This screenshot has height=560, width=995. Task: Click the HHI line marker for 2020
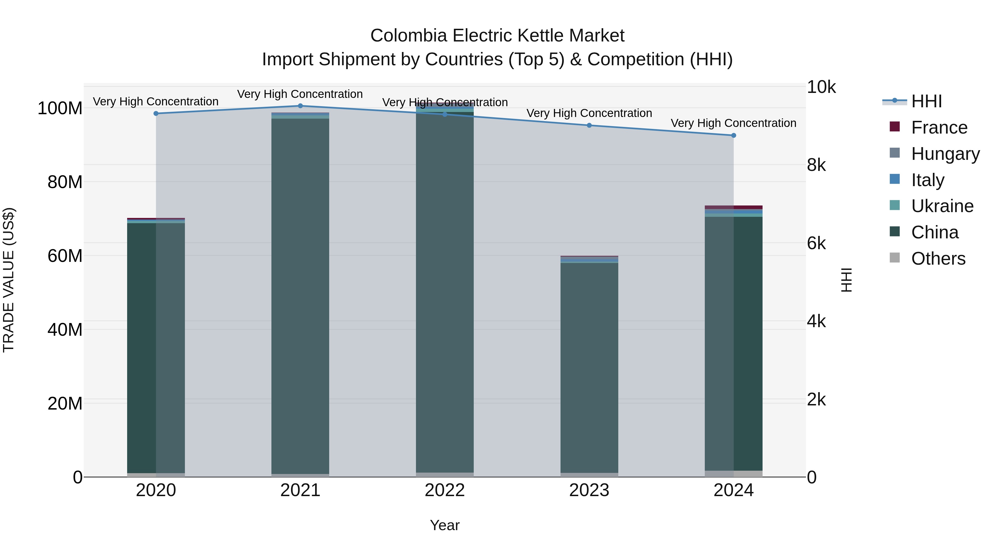coord(156,114)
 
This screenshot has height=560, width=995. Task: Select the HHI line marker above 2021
coord(300,106)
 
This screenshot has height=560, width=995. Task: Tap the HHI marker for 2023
coord(589,125)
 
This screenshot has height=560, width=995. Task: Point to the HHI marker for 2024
coord(734,135)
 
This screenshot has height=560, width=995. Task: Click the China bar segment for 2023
coord(589,367)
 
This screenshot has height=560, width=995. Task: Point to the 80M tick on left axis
coord(65,182)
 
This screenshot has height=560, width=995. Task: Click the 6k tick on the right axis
coord(816,243)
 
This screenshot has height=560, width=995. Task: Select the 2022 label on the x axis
coord(445,490)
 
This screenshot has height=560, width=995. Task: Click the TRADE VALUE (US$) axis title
coord(9,280)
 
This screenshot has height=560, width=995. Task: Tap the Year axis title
coord(445,525)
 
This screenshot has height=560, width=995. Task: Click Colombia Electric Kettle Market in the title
coord(497,36)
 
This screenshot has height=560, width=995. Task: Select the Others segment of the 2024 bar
coord(734,473)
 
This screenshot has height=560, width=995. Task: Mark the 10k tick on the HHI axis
coord(821,87)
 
